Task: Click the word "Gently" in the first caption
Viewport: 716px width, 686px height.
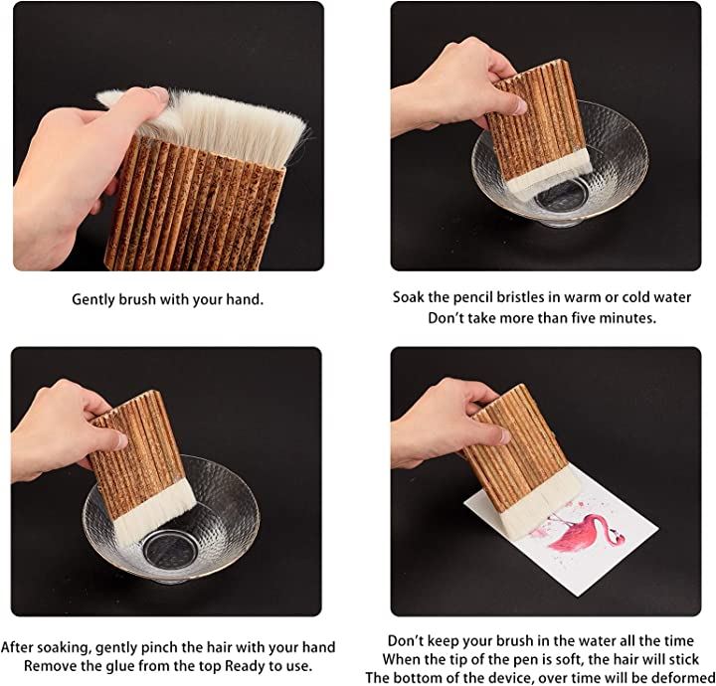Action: pyautogui.click(x=93, y=300)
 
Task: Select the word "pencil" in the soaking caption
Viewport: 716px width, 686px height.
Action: pyautogui.click(x=473, y=297)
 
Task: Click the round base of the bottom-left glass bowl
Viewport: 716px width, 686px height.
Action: pyautogui.click(x=171, y=549)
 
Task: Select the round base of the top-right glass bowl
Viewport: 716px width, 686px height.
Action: pyautogui.click(x=561, y=197)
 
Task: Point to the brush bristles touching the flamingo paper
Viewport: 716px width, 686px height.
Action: pyautogui.click(x=540, y=503)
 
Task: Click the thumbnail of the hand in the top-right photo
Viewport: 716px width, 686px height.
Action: pyautogui.click(x=520, y=106)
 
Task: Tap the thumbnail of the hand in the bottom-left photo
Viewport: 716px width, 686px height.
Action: pyautogui.click(x=121, y=440)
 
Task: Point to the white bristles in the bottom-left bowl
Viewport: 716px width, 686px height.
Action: pyautogui.click(x=154, y=512)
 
